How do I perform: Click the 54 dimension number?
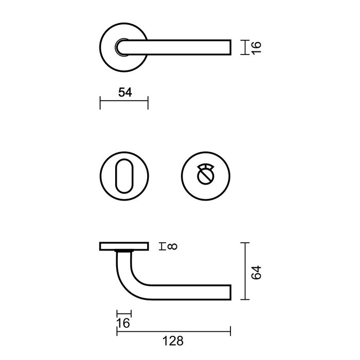[125, 92]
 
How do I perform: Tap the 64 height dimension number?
[258, 272]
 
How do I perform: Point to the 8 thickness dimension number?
[172, 247]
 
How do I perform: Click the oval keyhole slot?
[123, 174]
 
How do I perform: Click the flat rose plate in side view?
[123, 247]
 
